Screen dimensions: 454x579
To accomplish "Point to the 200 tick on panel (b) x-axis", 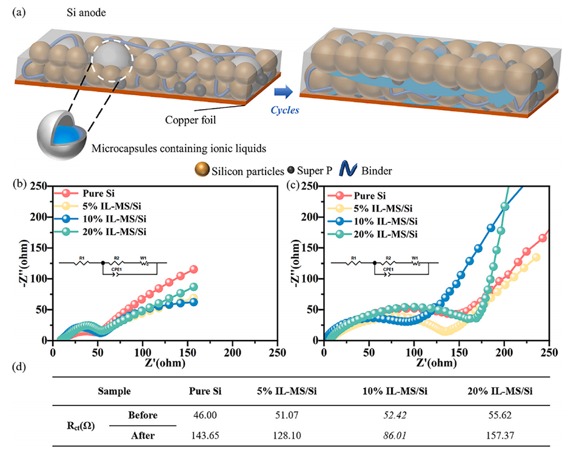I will click(x=232, y=351).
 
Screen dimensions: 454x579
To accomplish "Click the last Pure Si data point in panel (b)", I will click(x=194, y=269).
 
